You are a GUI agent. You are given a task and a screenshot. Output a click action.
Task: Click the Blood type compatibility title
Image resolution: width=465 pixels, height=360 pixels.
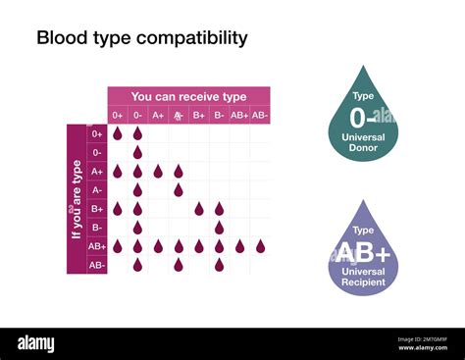point(141,38)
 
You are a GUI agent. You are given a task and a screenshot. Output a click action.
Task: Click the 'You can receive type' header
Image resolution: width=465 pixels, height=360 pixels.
point(188,96)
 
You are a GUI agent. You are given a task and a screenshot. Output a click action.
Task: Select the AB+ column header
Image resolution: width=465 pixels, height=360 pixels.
point(239,115)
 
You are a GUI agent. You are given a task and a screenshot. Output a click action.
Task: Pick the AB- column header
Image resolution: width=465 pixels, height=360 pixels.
point(260,115)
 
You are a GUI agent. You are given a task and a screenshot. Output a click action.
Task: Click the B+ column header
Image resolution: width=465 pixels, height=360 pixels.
point(198,115)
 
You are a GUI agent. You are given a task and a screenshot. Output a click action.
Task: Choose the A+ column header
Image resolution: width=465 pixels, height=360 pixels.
point(158,115)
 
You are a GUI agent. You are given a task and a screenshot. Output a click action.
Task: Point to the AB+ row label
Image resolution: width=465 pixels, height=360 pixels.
point(97,246)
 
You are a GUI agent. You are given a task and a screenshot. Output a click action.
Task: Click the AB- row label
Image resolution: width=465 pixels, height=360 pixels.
point(97,265)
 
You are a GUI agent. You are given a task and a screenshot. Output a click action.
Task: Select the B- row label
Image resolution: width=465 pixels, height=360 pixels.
point(97,228)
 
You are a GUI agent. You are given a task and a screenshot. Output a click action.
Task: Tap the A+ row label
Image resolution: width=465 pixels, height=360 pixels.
point(97,171)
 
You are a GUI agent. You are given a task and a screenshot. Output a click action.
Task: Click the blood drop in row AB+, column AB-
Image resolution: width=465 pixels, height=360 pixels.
point(260,246)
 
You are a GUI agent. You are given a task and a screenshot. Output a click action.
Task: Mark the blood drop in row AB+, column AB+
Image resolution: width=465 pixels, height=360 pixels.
point(239,246)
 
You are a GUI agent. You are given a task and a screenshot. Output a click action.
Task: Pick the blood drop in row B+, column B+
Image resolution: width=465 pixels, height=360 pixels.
point(198,208)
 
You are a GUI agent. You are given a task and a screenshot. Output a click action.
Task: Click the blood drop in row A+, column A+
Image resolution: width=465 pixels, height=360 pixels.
point(158,171)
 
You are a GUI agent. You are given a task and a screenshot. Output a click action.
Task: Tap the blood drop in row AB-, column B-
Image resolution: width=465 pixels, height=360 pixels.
point(219,265)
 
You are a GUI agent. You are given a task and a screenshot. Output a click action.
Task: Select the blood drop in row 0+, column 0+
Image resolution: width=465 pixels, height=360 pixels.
point(118,132)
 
